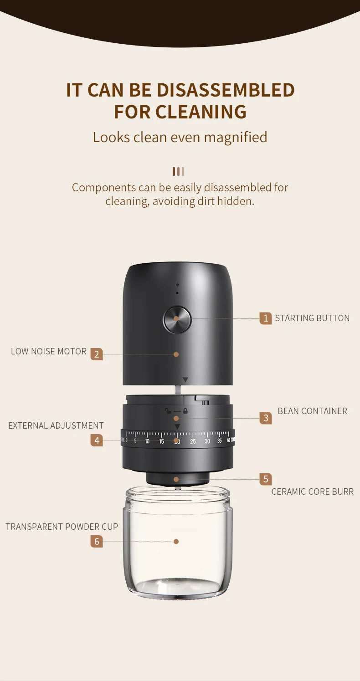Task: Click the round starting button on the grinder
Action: click(177, 319)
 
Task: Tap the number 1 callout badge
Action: click(266, 318)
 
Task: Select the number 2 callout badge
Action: click(97, 354)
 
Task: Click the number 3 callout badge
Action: click(266, 418)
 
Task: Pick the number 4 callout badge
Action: click(97, 440)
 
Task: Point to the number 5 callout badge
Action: click(266, 479)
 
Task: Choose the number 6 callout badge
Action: click(97, 541)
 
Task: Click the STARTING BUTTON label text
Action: click(312, 318)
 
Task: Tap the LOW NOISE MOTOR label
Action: click(49, 351)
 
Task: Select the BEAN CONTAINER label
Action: click(312, 411)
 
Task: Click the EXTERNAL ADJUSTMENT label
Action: click(56, 425)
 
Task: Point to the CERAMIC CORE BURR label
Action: click(312, 492)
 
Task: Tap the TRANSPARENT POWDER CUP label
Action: click(62, 527)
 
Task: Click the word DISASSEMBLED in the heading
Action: click(226, 90)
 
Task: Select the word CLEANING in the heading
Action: click(201, 112)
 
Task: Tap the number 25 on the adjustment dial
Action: click(193, 441)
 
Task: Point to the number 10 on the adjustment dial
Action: click(147, 441)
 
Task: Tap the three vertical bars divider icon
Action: click(178, 171)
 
